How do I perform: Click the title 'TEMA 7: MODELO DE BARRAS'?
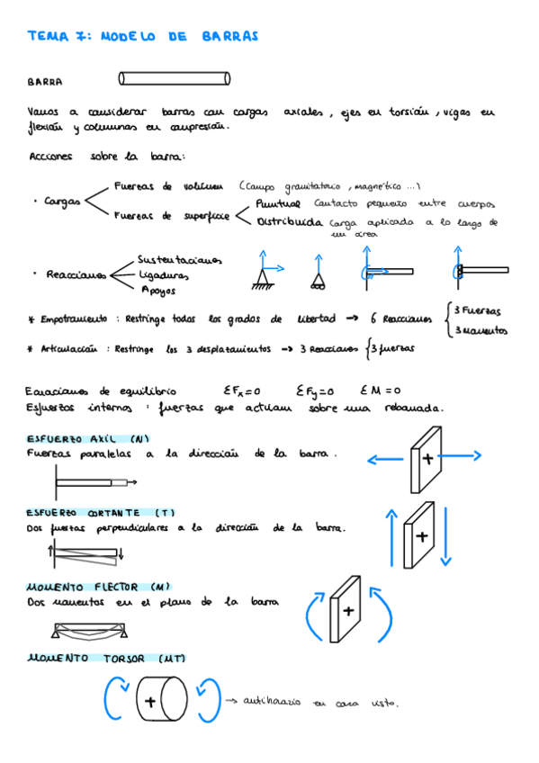point(142,37)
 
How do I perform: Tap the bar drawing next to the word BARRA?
point(175,78)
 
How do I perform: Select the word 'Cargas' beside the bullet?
point(62,202)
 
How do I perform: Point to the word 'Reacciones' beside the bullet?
point(76,274)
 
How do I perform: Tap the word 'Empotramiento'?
point(74,319)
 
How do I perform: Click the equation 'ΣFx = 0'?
point(241,391)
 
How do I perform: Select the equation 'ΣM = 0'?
point(381,391)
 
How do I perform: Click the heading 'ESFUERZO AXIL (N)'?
point(90,439)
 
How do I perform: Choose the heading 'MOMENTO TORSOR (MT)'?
point(106,659)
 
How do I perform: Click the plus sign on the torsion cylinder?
point(150,701)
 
